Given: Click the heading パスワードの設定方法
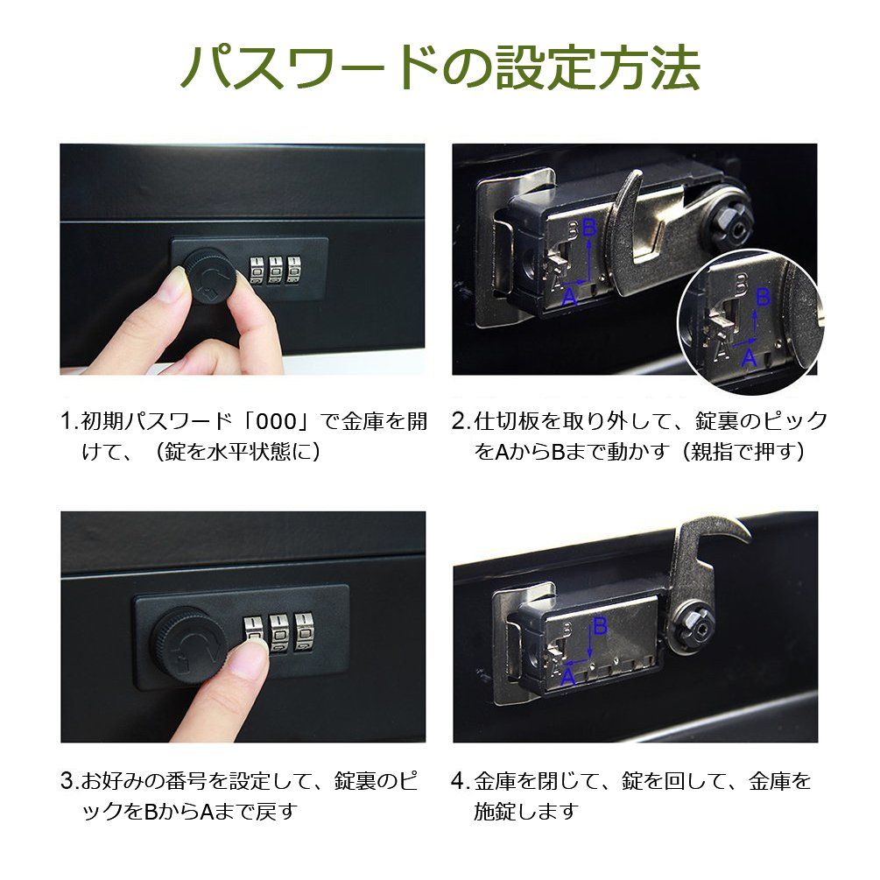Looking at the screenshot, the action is (440, 67).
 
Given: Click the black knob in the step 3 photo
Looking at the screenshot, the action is (188, 644).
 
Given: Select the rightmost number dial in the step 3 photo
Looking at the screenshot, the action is (304, 632).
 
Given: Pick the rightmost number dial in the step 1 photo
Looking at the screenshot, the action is (293, 270).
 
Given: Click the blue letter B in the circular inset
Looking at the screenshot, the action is (763, 297).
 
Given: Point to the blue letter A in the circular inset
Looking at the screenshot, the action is (750, 357).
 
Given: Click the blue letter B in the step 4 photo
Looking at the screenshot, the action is (600, 625).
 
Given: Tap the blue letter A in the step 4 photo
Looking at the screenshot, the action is (568, 678).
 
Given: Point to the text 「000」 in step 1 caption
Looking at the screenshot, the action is (275, 421).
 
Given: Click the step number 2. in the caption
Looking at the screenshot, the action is (461, 421).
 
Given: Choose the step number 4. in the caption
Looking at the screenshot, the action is (461, 781).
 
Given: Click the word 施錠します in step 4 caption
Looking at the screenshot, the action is (526, 811).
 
